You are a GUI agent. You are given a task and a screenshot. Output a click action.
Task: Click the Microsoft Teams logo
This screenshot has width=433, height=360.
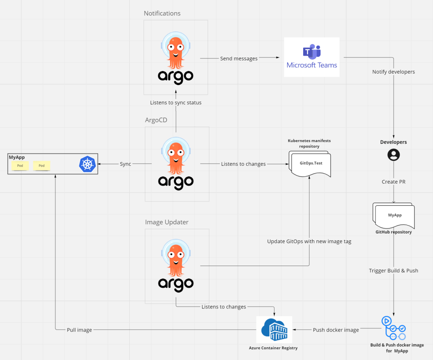click(312, 57)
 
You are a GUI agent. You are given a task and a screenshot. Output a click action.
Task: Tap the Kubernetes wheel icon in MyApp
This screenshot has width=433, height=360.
click(87, 164)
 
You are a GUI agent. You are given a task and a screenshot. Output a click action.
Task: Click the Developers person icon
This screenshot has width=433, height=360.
click(394, 155)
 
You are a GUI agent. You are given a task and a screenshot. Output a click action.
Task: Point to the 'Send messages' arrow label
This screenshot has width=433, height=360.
click(238, 58)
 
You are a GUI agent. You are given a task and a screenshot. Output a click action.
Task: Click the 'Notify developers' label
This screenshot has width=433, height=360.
click(393, 71)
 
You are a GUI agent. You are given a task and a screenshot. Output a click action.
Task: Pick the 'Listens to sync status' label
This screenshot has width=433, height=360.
click(175, 102)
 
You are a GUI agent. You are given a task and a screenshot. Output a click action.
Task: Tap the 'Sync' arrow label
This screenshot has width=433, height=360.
click(125, 164)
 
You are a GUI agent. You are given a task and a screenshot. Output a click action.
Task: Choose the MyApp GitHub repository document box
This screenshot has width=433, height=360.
click(394, 216)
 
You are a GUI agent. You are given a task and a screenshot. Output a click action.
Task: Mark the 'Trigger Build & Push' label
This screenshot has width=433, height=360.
click(393, 270)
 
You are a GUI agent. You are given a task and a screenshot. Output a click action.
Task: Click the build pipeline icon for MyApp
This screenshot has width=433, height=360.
click(394, 328)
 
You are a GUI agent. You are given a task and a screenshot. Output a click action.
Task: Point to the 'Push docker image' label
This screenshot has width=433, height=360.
click(336, 330)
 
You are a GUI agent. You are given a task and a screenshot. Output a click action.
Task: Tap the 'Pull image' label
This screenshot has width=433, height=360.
click(79, 330)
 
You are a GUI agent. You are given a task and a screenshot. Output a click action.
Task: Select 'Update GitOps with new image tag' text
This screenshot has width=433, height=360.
click(309, 241)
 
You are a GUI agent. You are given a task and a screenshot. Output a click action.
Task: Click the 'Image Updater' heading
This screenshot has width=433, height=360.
click(167, 222)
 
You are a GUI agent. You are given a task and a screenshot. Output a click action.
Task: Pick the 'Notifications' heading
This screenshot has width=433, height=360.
click(162, 13)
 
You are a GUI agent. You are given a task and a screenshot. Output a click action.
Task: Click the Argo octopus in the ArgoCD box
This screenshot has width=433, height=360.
click(176, 157)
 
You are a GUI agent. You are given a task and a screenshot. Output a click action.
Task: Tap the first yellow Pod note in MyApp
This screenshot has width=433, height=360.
click(20, 165)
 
